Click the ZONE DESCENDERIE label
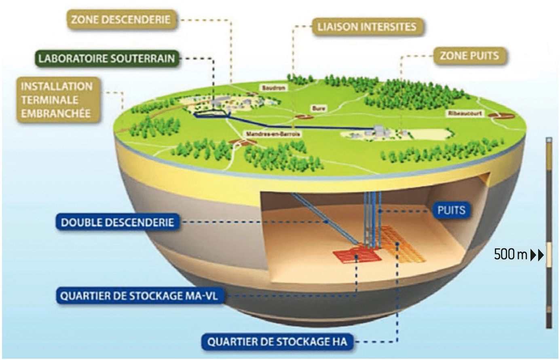click(120, 19)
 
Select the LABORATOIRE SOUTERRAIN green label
click(107, 59)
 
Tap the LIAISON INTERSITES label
click(367, 27)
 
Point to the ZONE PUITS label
click(469, 55)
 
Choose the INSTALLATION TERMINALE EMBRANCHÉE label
click(57, 100)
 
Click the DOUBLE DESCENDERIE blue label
click(117, 222)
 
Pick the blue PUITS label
click(451, 210)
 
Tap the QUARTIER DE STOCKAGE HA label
click(277, 342)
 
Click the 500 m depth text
click(511, 255)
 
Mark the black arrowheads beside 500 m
click(537, 255)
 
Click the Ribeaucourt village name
click(465, 113)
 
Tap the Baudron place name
click(274, 88)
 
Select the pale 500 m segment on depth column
click(549, 255)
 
